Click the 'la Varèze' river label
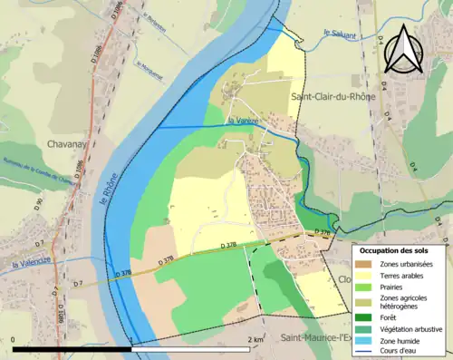coord(243,121)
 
